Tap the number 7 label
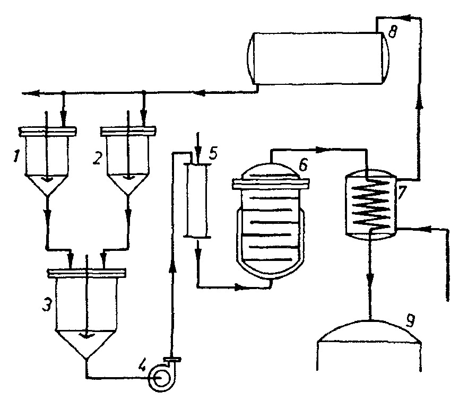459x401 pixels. coord(403,192)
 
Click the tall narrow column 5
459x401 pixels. coord(196,201)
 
